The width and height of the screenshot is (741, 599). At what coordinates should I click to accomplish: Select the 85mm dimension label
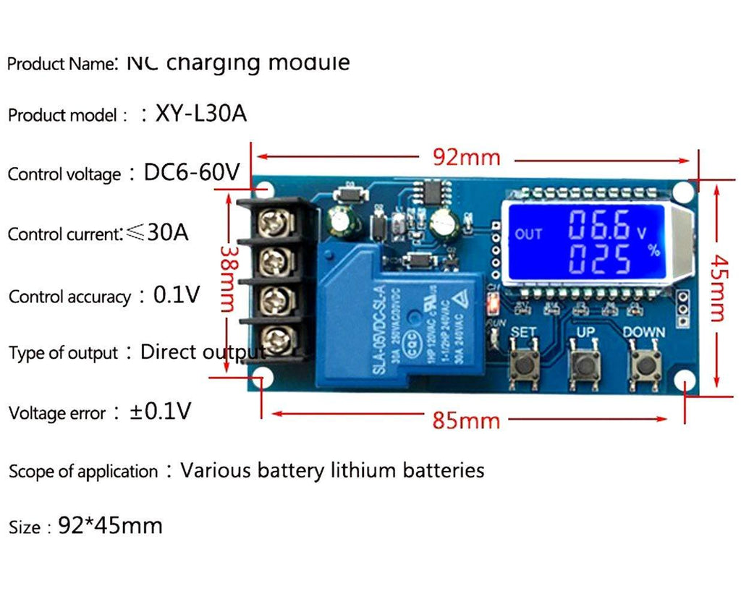466,420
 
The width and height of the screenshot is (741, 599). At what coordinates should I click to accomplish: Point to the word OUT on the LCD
528,234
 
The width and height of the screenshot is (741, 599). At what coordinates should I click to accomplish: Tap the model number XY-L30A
200,114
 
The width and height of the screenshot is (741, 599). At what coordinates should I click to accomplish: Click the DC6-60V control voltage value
192,172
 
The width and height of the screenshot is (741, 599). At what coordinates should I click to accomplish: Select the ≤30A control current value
157,232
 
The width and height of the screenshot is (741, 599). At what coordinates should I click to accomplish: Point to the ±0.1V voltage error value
161,412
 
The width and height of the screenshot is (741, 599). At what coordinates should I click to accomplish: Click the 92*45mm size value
110,525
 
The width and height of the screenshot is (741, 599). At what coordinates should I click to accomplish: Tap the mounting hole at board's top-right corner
682,192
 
